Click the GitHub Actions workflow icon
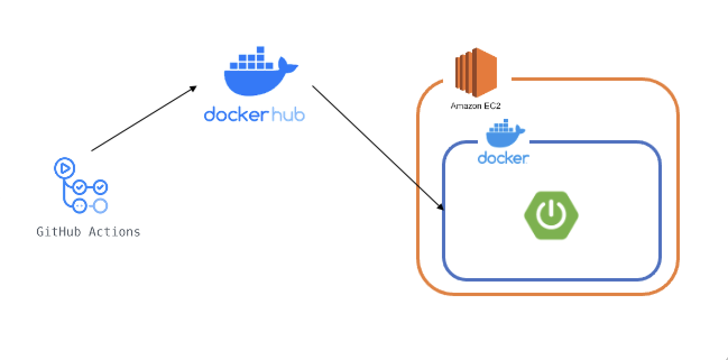[x=81, y=186]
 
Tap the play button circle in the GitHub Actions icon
[x=64, y=168]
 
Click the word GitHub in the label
[x=58, y=232]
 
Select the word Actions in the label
[x=114, y=232]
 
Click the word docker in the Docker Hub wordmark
[x=236, y=114]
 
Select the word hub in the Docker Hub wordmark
[x=288, y=114]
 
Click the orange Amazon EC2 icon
[x=476, y=72]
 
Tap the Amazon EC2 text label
[x=476, y=106]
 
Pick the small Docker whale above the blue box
[x=505, y=133]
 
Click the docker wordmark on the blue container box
[x=503, y=158]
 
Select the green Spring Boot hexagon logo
[x=551, y=215]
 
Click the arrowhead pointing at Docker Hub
[x=193, y=88]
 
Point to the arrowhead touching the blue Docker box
[x=440, y=206]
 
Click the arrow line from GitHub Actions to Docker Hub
[x=144, y=118]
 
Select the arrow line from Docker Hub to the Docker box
[x=378, y=148]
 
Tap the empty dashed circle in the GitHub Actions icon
[x=100, y=206]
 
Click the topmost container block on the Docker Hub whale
[x=260, y=49]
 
